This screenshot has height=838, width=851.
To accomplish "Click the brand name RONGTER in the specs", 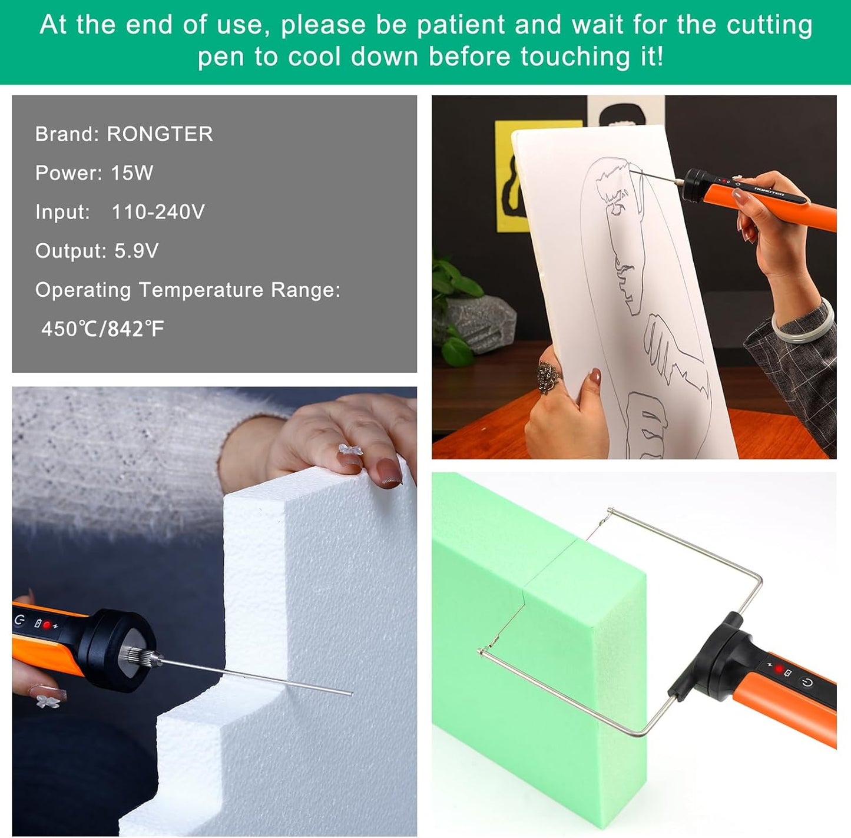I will coord(160,134).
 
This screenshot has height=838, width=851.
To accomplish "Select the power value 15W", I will coord(132,173).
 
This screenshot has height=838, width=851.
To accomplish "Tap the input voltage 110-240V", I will coord(158,212).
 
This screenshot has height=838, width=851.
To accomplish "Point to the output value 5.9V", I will coord(136,251).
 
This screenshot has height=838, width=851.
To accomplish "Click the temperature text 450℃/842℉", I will coord(102,329).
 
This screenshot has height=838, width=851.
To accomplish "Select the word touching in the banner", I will coord(574,57).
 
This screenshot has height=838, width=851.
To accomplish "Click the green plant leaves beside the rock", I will coord(456,283).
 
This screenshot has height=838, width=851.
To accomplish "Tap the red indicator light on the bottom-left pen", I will coord(47,625).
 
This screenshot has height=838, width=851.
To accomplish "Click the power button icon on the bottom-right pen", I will coord(807,683).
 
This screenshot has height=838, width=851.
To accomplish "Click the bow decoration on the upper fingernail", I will coord(349,451).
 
